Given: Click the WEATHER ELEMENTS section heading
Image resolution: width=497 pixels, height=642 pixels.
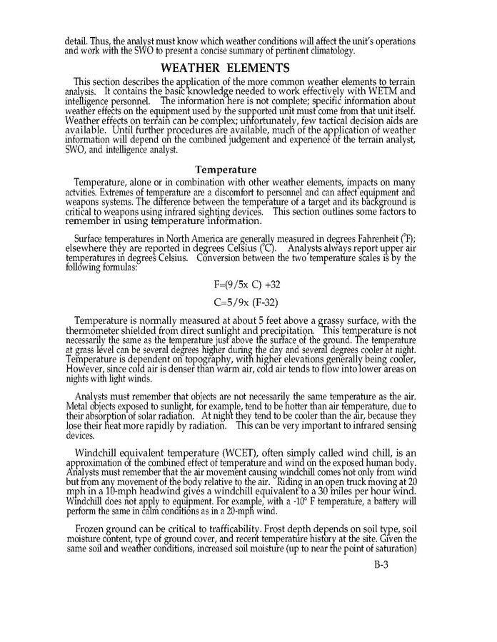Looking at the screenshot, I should (225, 68).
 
